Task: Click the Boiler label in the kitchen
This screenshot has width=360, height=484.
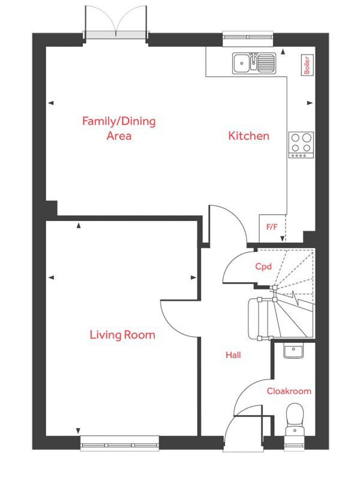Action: pos(307,65)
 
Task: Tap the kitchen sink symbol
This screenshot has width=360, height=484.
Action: pos(254,61)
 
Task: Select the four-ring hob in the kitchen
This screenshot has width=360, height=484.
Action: pos(301,144)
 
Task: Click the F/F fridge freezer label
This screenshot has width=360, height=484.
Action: pos(272,228)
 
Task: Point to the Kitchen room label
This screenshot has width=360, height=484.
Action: pos(248,136)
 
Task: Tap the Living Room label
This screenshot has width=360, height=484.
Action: pos(122,334)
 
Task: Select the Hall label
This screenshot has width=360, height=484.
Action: pos(233,355)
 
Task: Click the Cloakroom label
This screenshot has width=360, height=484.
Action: pos(289,391)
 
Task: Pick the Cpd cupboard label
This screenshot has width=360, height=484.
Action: pos(263,267)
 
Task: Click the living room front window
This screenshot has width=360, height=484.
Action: pos(120,445)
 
